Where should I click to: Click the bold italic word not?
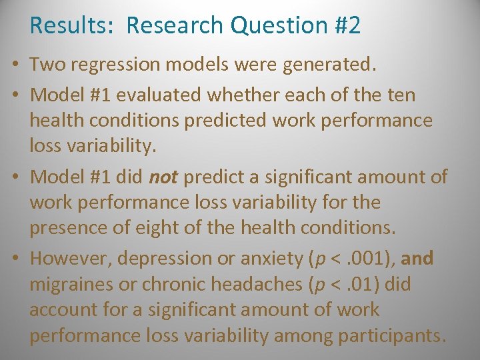point(163,177)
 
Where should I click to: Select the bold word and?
point(417,258)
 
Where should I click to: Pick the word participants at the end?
point(392,336)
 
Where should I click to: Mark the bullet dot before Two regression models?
point(14,65)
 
